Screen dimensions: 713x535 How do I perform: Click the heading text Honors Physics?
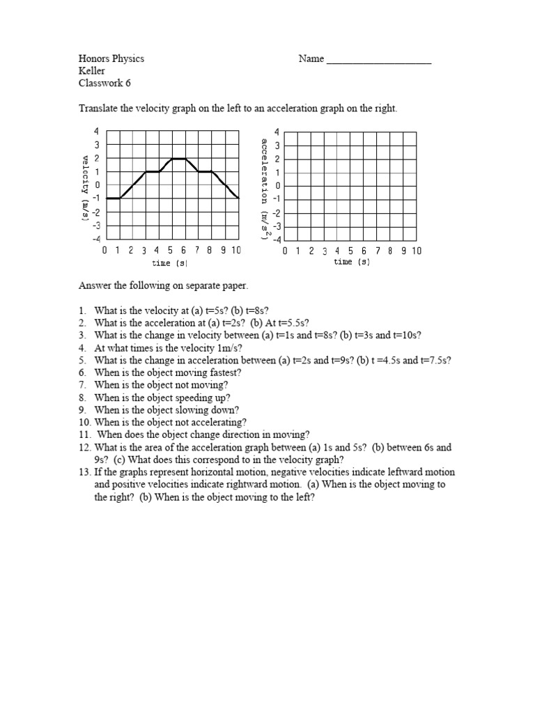(x=111, y=59)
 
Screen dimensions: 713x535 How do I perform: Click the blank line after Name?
(x=379, y=60)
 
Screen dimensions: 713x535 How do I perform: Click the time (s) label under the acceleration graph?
(x=352, y=263)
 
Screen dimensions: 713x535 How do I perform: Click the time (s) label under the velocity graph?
(x=170, y=263)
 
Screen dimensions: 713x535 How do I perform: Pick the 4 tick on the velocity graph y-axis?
(x=98, y=132)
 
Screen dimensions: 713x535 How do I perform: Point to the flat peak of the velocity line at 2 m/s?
(x=179, y=159)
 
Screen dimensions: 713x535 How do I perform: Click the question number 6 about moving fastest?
(x=82, y=373)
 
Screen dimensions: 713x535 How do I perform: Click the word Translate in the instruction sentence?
(x=97, y=109)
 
